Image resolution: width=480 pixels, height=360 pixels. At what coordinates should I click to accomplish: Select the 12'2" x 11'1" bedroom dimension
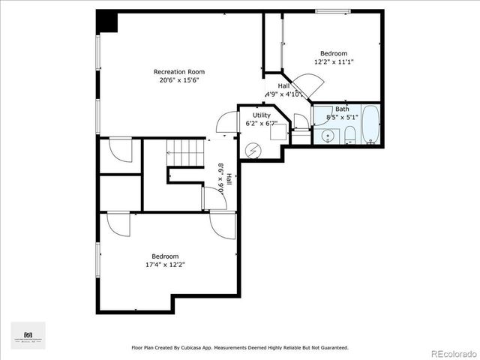pyautogui.click(x=334, y=62)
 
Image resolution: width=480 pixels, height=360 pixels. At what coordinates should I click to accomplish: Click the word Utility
pyautogui.click(x=262, y=115)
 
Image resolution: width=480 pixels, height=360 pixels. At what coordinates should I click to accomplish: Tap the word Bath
pyautogui.click(x=342, y=109)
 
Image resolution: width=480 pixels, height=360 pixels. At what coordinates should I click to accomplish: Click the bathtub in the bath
pyautogui.click(x=370, y=126)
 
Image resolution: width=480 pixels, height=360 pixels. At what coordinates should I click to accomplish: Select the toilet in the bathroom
pyautogui.click(x=349, y=135)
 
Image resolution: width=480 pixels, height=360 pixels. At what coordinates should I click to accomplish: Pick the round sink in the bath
pyautogui.click(x=325, y=136)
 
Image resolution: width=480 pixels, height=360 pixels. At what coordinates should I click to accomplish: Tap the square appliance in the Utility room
pyautogui.click(x=277, y=131)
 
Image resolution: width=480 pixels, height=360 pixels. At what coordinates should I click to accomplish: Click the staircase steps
pyautogui.click(x=184, y=154)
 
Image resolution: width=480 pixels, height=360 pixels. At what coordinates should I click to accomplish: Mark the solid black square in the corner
pyautogui.click(x=108, y=21)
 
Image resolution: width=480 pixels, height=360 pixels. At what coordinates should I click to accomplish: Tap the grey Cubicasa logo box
pyautogui.click(x=28, y=334)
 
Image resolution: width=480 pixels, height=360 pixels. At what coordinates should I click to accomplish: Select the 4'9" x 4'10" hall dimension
pyautogui.click(x=284, y=94)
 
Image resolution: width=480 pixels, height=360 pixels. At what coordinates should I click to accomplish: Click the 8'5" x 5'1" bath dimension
pyautogui.click(x=342, y=117)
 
